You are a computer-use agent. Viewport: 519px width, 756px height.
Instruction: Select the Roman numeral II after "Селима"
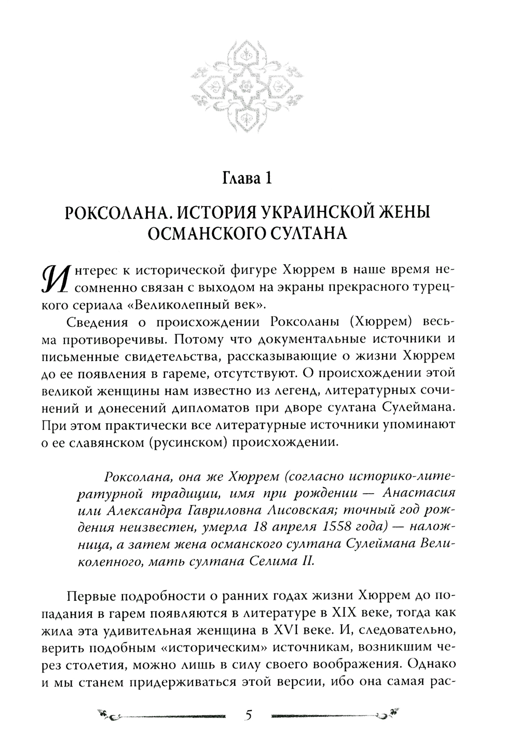(x=308, y=561)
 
